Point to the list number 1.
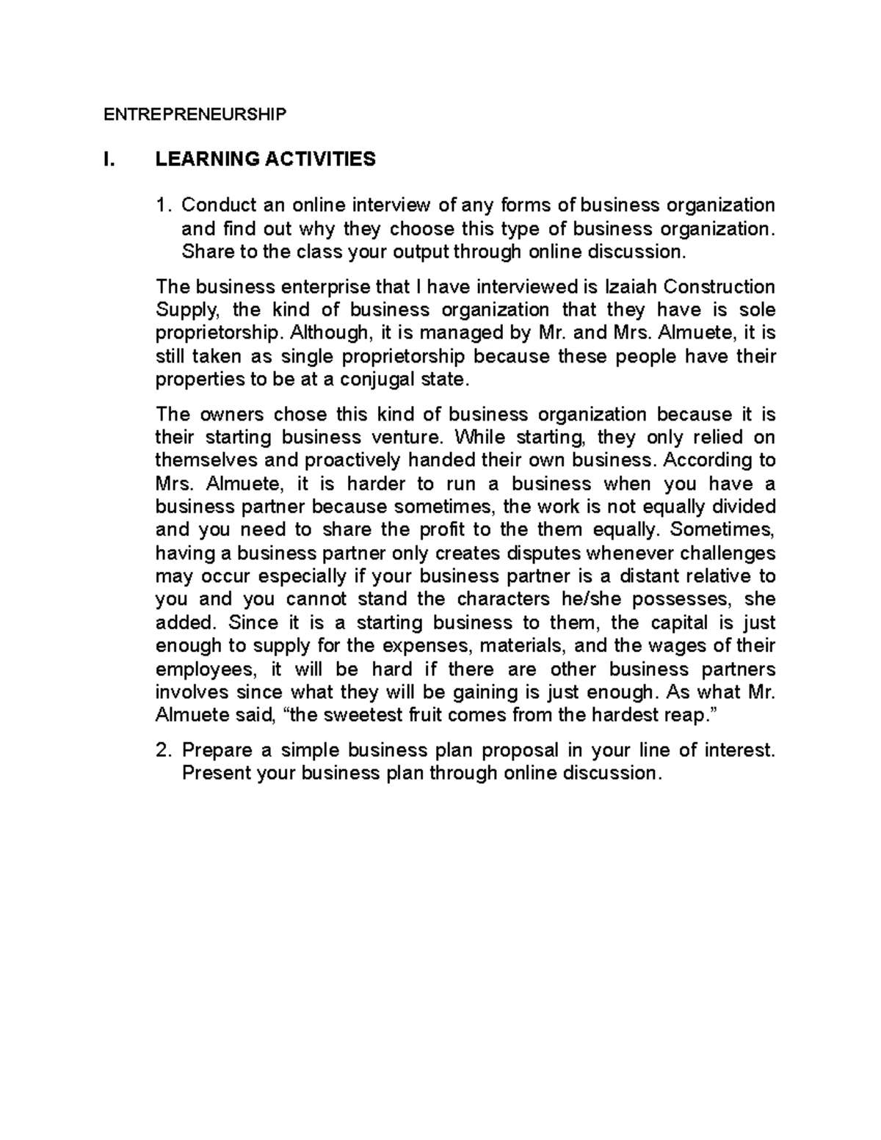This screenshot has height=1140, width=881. pos(164,205)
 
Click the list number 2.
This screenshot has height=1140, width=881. pos(164,750)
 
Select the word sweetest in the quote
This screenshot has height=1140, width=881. pos(349,715)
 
